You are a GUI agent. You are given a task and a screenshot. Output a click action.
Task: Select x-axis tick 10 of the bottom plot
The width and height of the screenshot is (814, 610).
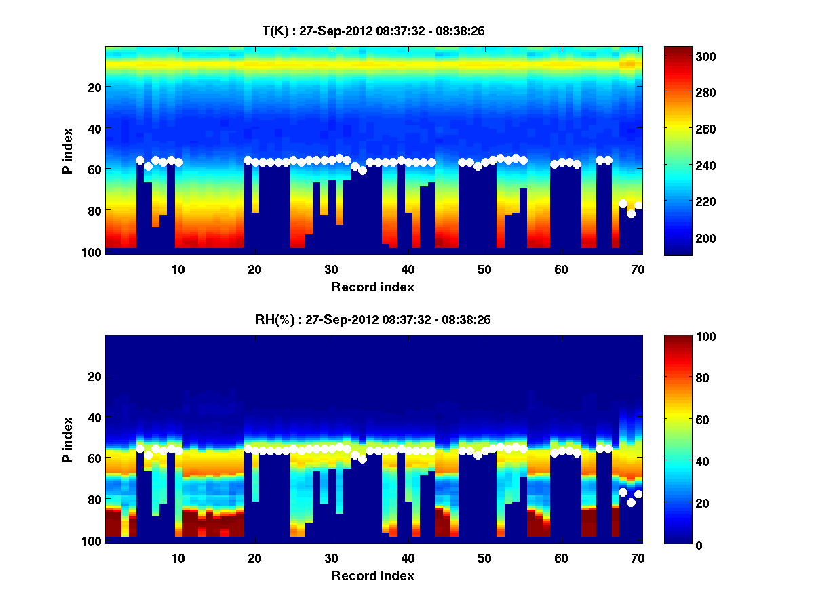[x=178, y=558]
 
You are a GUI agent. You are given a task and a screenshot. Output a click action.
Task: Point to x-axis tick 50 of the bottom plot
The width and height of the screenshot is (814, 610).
[x=484, y=558]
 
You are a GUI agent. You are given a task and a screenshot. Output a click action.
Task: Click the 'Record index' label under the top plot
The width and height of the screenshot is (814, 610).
[x=373, y=287]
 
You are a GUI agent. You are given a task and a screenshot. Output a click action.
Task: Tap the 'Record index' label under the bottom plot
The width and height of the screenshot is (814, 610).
[x=373, y=575]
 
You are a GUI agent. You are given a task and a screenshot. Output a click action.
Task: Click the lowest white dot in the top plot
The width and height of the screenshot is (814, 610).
[x=631, y=213]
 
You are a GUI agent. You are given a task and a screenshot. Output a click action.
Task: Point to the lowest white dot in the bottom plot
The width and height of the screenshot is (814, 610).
[x=631, y=502]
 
